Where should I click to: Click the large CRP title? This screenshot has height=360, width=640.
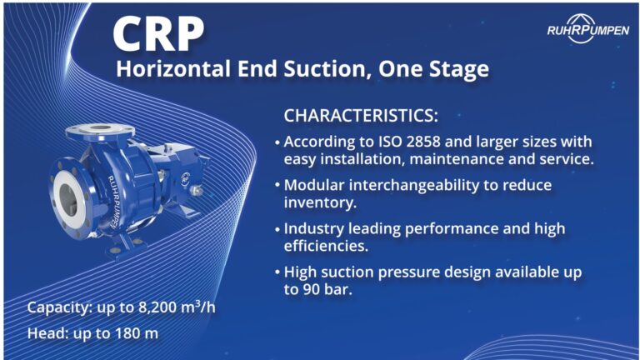[158, 33]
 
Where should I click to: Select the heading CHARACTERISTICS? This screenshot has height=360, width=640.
[361, 115]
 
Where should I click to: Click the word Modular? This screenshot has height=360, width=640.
[312, 184]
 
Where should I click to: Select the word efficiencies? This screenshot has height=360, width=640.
[322, 245]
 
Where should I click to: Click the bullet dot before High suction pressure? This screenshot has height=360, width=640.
[277, 272]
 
